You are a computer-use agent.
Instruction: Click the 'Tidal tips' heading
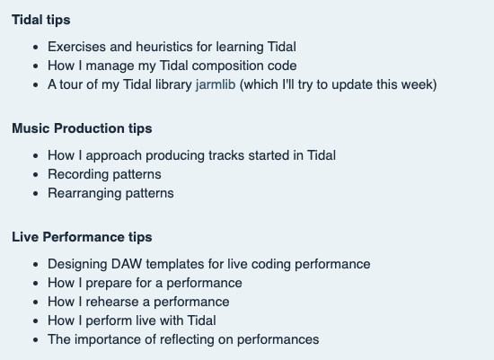coord(41,20)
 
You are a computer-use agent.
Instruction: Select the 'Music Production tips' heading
coord(82,128)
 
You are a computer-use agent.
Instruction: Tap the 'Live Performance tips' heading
coord(82,237)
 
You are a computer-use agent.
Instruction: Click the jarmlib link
coord(216,84)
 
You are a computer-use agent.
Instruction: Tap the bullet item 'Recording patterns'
coord(104,174)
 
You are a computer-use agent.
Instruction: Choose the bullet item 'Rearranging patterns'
coord(110,193)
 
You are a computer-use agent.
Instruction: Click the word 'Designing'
coord(78,264)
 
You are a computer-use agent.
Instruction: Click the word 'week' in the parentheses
coord(417,84)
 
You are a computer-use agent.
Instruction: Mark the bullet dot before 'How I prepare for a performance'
coord(35,284)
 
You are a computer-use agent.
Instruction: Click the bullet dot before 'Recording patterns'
coord(35,174)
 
